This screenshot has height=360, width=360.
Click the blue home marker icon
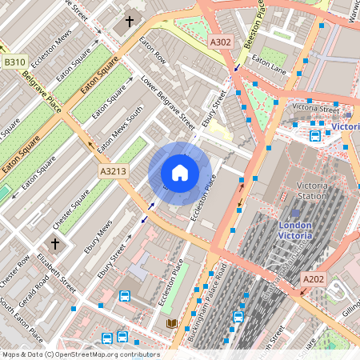(180, 173)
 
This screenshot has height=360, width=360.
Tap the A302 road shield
(220, 41)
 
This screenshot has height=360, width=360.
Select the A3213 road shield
(113, 171)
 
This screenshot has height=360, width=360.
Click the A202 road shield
(314, 278)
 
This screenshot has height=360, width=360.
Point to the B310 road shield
(14, 61)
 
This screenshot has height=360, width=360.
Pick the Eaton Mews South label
(117, 123)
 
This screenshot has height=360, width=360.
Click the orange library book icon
(171, 324)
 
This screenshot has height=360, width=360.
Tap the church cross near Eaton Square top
(130, 23)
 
